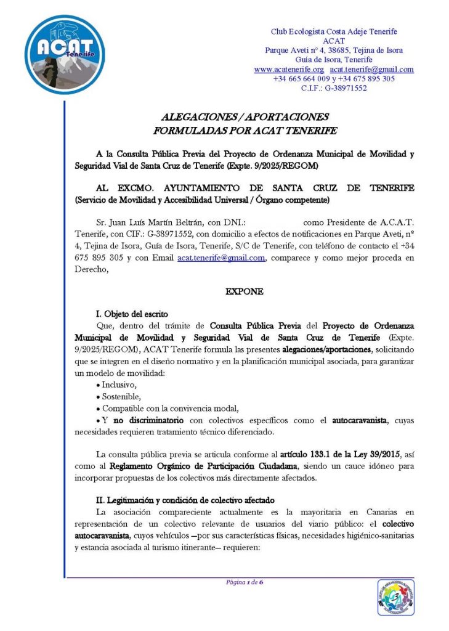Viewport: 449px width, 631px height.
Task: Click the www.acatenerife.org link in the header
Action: click(289, 70)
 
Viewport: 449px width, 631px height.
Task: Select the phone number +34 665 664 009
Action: click(300, 79)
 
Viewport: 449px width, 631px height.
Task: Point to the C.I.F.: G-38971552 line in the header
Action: click(334, 88)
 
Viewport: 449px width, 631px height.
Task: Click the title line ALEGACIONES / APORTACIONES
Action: click(245, 116)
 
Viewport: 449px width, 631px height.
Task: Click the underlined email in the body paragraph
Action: click(220, 258)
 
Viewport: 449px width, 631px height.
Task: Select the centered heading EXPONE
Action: click(245, 291)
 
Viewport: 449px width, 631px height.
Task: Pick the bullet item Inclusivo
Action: click(119, 385)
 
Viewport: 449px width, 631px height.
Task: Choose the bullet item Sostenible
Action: click(122, 396)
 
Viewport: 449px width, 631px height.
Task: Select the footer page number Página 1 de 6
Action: click(245, 582)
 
